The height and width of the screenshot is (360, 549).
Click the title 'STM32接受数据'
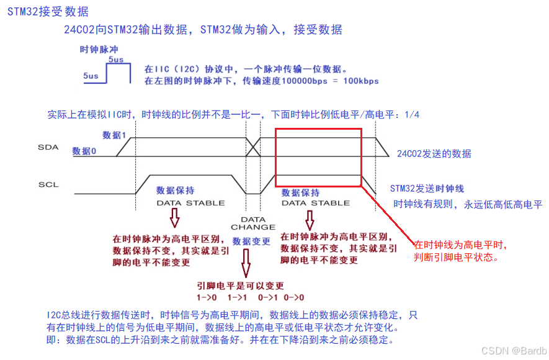48,12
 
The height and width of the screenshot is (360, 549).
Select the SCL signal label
48,184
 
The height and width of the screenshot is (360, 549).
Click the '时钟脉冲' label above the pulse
99,49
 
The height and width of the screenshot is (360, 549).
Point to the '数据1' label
115,135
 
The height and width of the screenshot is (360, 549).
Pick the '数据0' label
84,151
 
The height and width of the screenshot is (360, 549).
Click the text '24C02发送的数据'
434,154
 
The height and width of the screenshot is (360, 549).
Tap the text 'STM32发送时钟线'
427,188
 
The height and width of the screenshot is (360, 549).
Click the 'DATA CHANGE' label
252,223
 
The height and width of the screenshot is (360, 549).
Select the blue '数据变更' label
251,241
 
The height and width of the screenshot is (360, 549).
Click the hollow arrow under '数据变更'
246,264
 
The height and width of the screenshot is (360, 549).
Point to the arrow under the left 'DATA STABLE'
174,218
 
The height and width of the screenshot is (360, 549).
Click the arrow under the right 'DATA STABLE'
309,218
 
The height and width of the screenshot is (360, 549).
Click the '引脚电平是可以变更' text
241,286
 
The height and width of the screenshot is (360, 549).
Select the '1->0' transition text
206,297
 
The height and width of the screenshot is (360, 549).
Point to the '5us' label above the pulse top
116,59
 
